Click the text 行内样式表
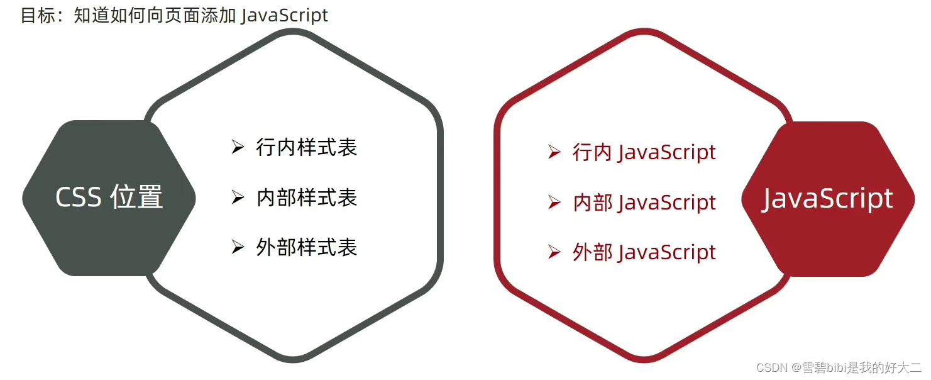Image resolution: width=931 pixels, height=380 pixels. (307, 148)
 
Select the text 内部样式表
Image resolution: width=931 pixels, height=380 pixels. (307, 198)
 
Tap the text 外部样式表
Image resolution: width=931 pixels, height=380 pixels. (307, 247)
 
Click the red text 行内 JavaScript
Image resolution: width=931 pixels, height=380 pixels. (644, 152)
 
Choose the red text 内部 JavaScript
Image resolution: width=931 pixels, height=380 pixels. (644, 203)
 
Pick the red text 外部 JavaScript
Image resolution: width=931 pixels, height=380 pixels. (644, 252)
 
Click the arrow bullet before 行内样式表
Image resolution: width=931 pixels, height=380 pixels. (238, 148)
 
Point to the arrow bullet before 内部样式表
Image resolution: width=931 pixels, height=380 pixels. (238, 198)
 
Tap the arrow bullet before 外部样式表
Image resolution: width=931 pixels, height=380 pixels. (238, 247)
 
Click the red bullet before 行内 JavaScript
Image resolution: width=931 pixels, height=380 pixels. (554, 152)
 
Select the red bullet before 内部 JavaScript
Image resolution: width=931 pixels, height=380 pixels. (554, 203)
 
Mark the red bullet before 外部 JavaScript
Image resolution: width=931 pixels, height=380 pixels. (554, 252)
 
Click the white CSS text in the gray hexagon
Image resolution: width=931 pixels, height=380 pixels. (79, 198)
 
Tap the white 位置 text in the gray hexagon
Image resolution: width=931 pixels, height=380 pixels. (136, 198)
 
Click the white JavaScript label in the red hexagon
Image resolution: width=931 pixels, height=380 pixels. (828, 199)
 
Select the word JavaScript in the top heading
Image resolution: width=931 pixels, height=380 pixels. (285, 15)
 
